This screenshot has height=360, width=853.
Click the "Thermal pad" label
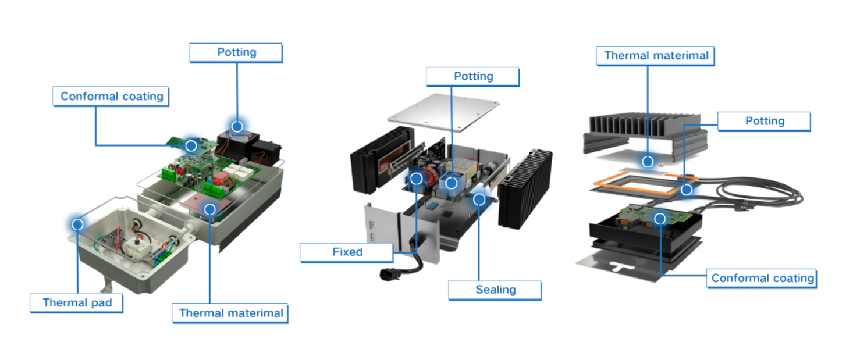[x=77, y=302]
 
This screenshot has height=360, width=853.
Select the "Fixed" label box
[x=347, y=252]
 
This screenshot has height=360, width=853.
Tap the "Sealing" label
[x=495, y=290]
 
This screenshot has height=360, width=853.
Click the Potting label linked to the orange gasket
[x=764, y=121]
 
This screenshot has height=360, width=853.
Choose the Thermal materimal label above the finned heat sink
[x=656, y=56]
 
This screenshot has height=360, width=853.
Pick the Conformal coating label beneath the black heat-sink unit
[x=762, y=278]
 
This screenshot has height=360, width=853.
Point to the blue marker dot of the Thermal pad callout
[x=77, y=223]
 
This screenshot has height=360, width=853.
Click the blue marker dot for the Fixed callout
[x=416, y=179]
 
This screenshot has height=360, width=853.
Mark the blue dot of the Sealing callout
[x=479, y=199]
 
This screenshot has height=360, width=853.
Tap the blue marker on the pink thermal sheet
[x=210, y=208]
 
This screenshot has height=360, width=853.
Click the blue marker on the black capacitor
[x=237, y=126]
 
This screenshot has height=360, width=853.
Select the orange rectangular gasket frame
[x=599, y=183]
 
